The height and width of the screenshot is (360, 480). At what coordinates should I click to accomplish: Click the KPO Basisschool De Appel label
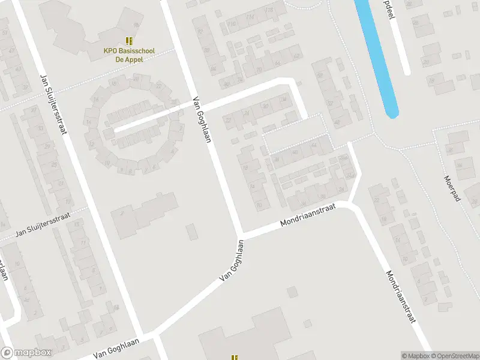coord(127,51)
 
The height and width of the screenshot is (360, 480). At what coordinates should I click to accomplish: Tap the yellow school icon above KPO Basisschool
coord(127,40)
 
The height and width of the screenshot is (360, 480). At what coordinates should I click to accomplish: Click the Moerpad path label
coord(451,188)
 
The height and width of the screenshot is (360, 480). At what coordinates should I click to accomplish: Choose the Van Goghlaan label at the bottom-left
coord(118,347)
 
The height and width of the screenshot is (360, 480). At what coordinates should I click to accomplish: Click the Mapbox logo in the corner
coord(25,353)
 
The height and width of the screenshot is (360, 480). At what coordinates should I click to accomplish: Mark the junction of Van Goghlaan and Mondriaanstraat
coord(242,234)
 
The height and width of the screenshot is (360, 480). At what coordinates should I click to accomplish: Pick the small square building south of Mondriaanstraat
coord(292,292)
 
